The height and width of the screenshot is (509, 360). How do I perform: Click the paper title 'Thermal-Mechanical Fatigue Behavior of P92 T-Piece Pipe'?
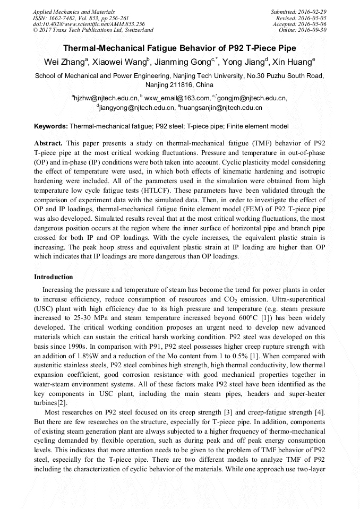click(x=180, y=48)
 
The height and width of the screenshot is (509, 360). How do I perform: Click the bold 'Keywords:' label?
click(x=51, y=126)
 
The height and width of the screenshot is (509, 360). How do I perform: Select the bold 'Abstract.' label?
click(x=48, y=143)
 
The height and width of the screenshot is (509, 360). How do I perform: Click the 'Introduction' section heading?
click(x=54, y=277)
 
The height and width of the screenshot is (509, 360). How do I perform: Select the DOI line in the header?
click(x=89, y=24)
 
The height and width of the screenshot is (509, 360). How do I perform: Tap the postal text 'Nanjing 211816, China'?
click(x=180, y=85)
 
